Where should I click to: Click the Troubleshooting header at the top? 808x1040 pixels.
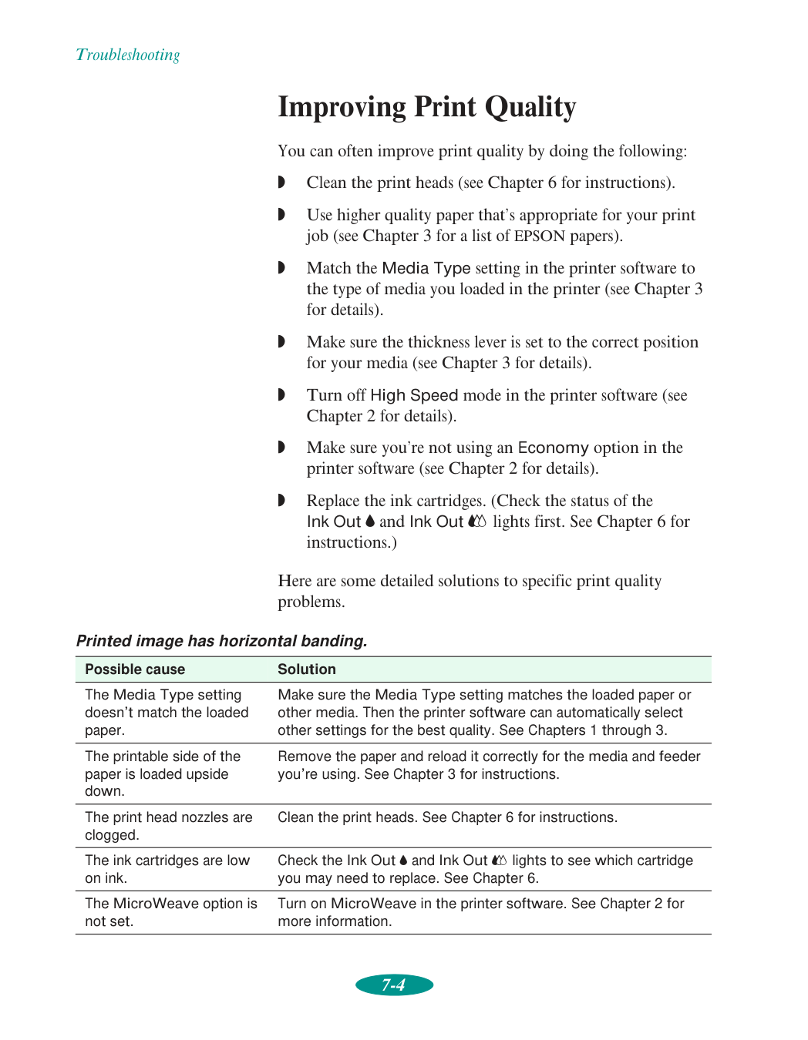(x=128, y=55)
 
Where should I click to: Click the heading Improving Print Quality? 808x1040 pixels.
(x=426, y=107)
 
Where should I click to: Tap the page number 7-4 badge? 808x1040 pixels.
(x=394, y=985)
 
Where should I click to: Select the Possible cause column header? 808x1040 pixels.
(x=135, y=669)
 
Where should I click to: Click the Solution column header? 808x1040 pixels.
(x=307, y=669)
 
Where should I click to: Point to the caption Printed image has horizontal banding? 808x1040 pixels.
(x=221, y=641)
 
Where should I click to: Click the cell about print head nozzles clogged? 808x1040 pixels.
(x=168, y=826)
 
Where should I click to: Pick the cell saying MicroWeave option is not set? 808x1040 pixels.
(x=170, y=912)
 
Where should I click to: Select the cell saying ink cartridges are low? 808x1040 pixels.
(x=167, y=869)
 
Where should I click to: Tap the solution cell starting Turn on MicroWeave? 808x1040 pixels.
(x=480, y=912)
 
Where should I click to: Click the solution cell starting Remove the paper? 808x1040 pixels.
(x=488, y=765)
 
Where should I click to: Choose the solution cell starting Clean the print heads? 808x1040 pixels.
(x=447, y=817)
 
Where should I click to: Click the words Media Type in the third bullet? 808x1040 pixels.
(x=426, y=268)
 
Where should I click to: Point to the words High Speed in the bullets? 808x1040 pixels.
(x=414, y=395)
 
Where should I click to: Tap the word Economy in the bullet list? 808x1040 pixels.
(x=553, y=448)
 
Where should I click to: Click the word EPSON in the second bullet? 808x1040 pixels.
(x=540, y=237)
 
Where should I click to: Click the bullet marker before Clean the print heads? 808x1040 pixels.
(x=281, y=183)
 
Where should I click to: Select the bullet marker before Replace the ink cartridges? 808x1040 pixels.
(x=281, y=501)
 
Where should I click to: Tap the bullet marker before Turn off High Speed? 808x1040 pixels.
(x=281, y=395)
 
